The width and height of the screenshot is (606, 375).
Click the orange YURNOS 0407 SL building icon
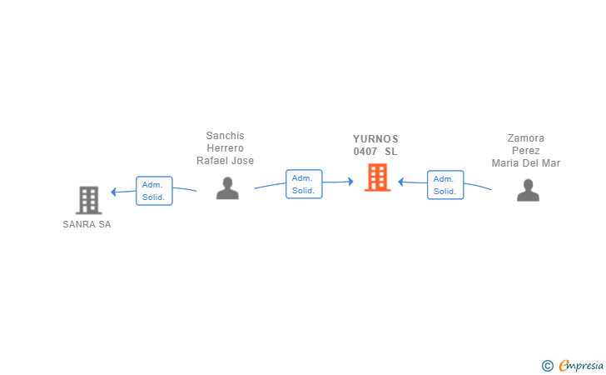pyautogui.click(x=377, y=177)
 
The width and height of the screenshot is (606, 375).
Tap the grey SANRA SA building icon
pyautogui.click(x=88, y=200)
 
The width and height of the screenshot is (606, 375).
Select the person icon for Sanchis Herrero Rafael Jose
pyautogui.click(x=227, y=188)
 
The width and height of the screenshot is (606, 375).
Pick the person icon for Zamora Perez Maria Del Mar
pyautogui.click(x=528, y=191)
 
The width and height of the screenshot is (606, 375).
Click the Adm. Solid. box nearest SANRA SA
pyautogui.click(x=154, y=191)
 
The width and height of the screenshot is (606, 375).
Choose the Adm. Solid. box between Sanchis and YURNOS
pyautogui.click(x=304, y=184)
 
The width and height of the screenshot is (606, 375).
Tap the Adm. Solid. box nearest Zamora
pyautogui.click(x=445, y=185)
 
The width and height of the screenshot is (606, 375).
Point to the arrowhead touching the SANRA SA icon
pyautogui.click(x=114, y=192)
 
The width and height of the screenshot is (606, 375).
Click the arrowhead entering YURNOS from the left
pyautogui.click(x=350, y=182)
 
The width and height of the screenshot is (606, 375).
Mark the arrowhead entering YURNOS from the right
pyautogui.click(x=401, y=182)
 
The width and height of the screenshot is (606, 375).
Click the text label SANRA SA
pyautogui.click(x=87, y=225)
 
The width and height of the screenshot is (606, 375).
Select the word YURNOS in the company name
pyautogui.click(x=375, y=139)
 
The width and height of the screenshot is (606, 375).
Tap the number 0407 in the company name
pyautogui.click(x=365, y=152)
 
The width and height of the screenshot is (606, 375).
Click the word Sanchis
pyautogui.click(x=226, y=136)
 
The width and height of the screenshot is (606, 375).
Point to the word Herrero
pyautogui.click(x=226, y=148)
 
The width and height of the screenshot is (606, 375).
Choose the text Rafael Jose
pyautogui.click(x=226, y=161)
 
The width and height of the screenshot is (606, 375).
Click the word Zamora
pyautogui.click(x=526, y=138)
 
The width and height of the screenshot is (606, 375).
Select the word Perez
pyautogui.click(x=526, y=151)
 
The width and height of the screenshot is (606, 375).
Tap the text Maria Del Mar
pyautogui.click(x=526, y=163)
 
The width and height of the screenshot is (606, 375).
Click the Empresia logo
pyautogui.click(x=574, y=365)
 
